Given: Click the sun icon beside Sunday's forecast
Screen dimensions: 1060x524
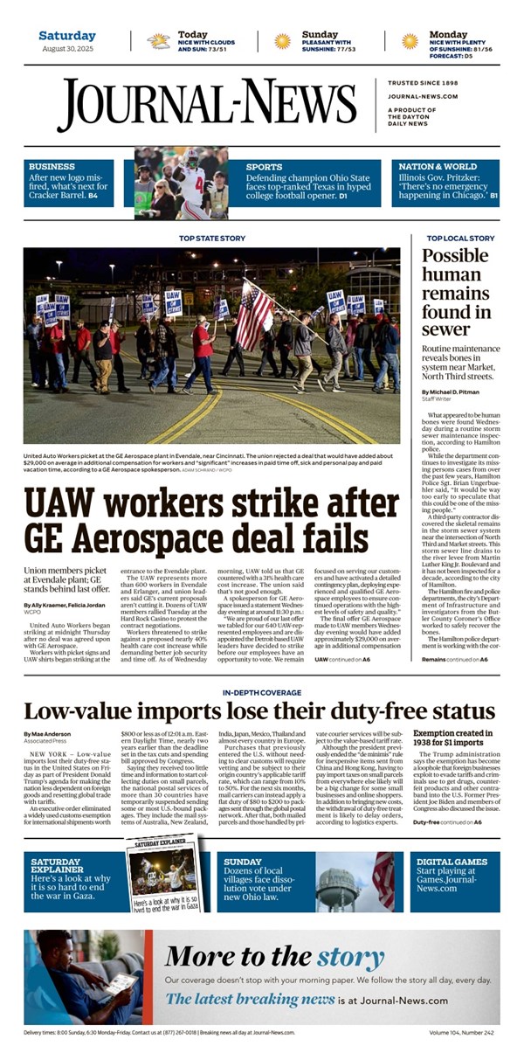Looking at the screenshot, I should coord(282,41).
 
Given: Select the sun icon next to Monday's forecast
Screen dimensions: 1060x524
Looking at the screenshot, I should coord(409,41).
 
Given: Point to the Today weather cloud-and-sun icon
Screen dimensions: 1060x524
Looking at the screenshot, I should coord(159,41).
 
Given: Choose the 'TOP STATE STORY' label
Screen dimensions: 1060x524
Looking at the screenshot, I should coord(212,238).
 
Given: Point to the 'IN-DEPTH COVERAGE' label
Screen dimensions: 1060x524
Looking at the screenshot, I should coord(261,693).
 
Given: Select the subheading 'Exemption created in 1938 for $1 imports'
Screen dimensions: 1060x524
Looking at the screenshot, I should coord(454,738).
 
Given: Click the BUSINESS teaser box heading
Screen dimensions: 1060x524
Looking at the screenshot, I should coord(52,166).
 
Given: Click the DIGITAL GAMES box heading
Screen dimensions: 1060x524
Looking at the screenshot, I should coord(452,861).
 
